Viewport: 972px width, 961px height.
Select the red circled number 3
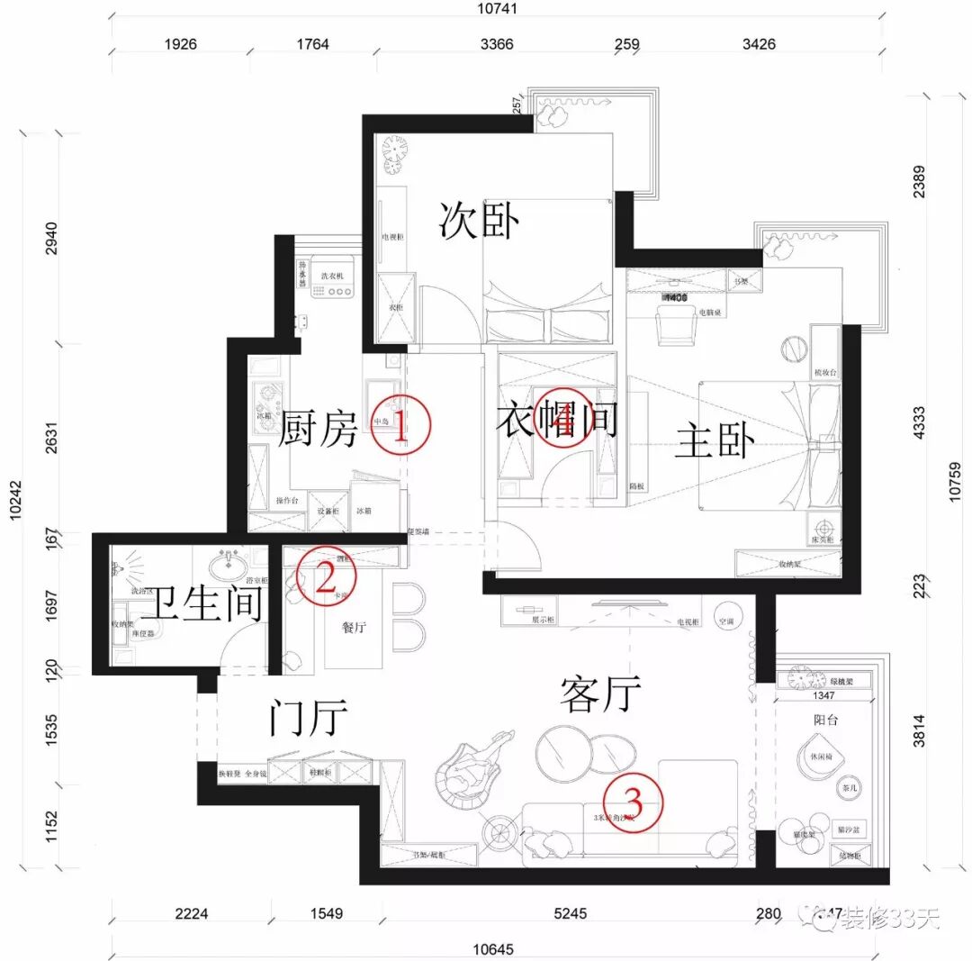pos(633,800)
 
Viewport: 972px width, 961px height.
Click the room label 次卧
pos(480,220)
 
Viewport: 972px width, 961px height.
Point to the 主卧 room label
pos(715,440)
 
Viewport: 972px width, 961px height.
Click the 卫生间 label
pos(207,604)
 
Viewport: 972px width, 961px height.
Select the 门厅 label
pos(309,719)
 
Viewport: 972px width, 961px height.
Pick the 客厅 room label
pos(600,694)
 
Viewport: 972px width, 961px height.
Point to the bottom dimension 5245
pos(571,912)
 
